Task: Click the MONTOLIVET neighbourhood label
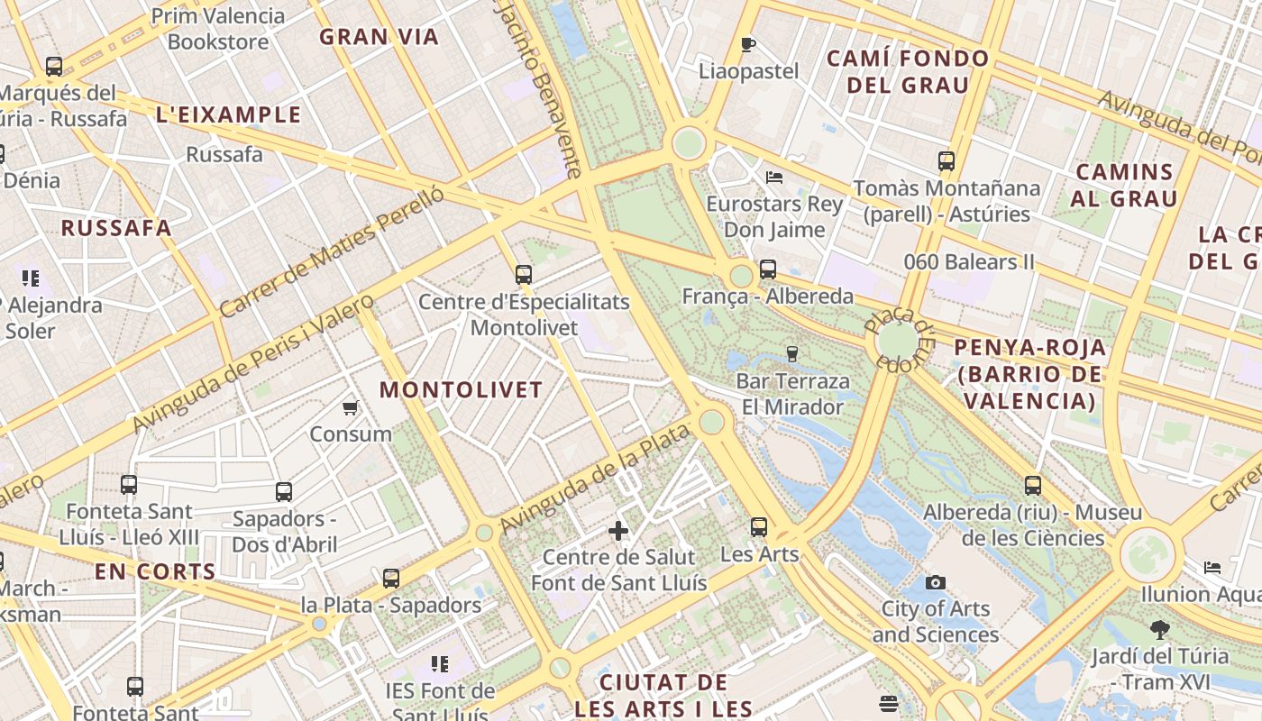pos(461,389)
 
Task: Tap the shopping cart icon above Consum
pos(351,408)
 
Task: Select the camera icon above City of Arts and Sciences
pos(936,583)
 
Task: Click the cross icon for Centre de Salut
pos(618,531)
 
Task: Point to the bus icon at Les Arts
pos(759,527)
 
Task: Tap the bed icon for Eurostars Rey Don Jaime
pos(773,178)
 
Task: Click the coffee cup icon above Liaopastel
pos(747,44)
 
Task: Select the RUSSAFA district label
pos(116,228)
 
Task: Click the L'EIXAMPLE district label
pos(228,114)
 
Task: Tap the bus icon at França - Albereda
pos(768,269)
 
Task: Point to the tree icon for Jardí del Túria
pos(1160,630)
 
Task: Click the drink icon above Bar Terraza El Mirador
pos(792,353)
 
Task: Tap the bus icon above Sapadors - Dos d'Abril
pos(284,492)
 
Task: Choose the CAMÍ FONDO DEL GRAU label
pos(908,72)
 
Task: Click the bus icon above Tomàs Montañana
pos(946,162)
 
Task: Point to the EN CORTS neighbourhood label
pos(155,571)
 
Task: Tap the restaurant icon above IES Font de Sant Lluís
pos(440,665)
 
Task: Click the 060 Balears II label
pos(969,262)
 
